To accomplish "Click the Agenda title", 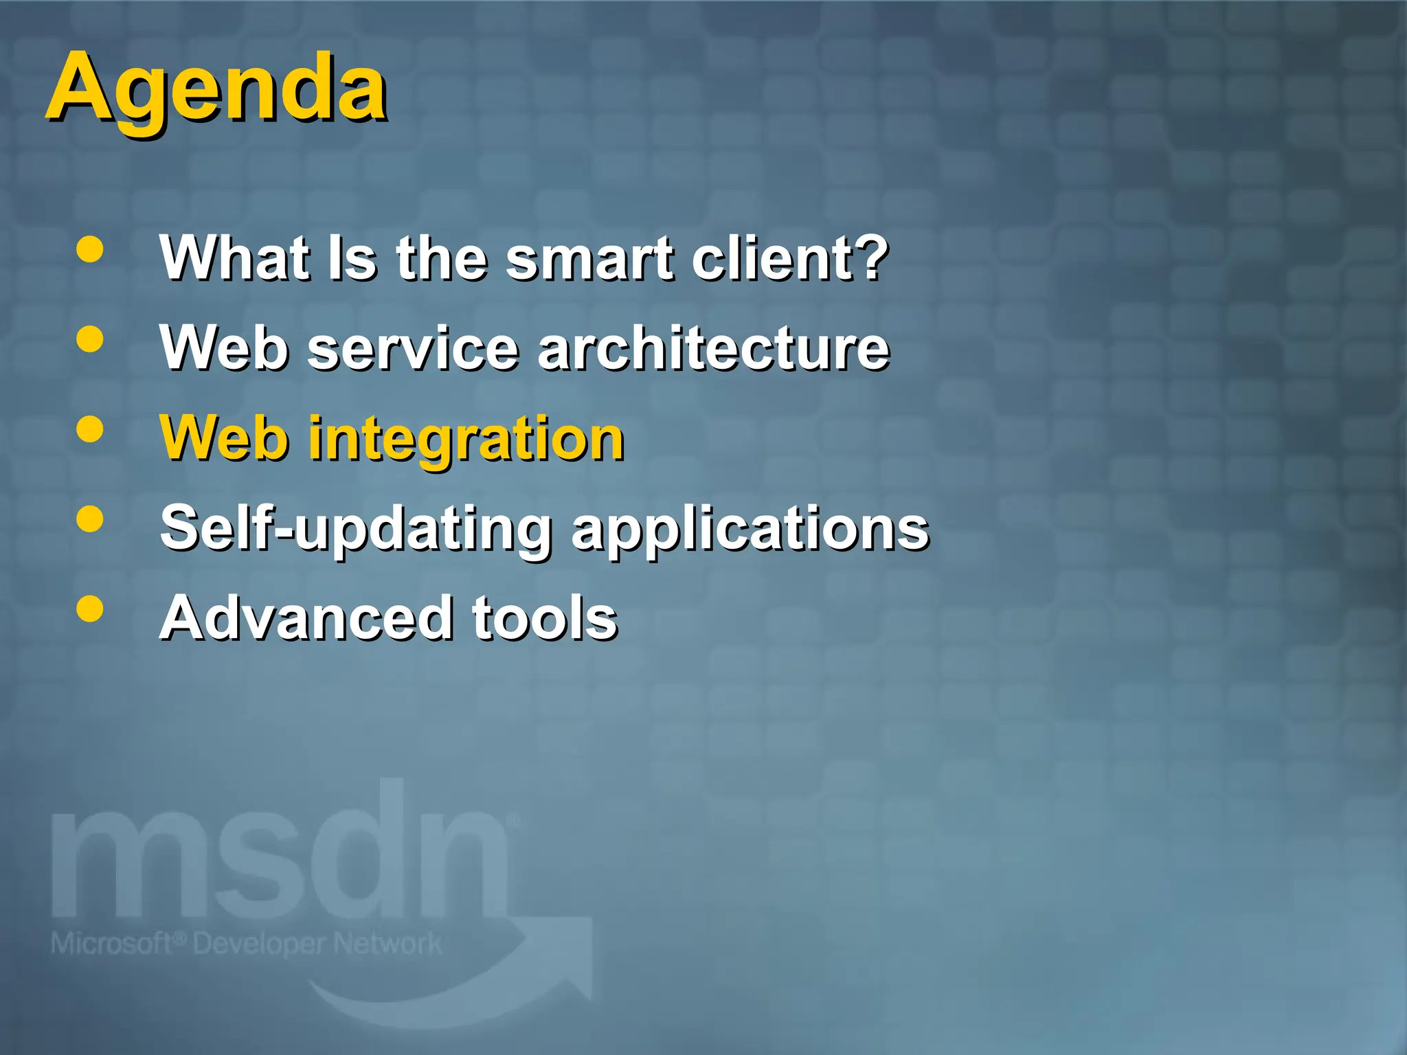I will pyautogui.click(x=216, y=89).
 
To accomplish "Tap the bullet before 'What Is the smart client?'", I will pyautogui.click(x=90, y=250).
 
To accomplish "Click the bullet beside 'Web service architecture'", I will pyautogui.click(x=90, y=339).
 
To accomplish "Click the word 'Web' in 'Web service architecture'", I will pyautogui.click(x=224, y=348).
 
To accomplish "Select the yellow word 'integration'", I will pyautogui.click(x=466, y=440).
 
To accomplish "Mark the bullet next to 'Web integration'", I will pyautogui.click(x=90, y=429).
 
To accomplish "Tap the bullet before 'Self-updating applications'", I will pyautogui.click(x=90, y=519).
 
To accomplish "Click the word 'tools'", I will pyautogui.click(x=545, y=617).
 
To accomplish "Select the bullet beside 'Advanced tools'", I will pyautogui.click(x=90, y=609).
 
